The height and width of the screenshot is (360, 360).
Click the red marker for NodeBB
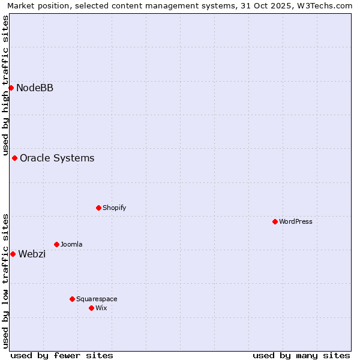pos(11,88)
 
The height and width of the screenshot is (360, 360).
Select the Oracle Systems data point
pos(14,158)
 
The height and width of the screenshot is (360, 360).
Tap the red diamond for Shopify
pos(98,208)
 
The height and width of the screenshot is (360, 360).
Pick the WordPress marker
pos(275,222)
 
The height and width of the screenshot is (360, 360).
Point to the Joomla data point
pos(56,245)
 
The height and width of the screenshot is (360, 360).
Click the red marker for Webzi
pos(13,254)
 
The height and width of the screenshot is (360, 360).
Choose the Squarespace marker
pos(72,299)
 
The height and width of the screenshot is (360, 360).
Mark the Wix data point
pos(91,308)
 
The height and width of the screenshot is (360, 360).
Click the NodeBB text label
pos(35,88)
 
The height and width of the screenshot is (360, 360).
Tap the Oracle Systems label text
pos(57,158)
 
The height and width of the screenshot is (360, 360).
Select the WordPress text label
pos(296,222)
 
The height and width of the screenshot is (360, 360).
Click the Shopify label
pos(114,208)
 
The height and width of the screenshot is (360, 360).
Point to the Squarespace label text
pos(97,299)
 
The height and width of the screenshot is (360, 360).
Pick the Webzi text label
pos(32,254)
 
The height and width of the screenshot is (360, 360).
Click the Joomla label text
pos(71,245)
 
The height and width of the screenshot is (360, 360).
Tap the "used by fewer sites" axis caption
pos(62,355)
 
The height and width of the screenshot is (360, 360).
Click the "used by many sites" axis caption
pos(301,355)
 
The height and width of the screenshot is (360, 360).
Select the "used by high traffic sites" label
pos(5,85)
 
